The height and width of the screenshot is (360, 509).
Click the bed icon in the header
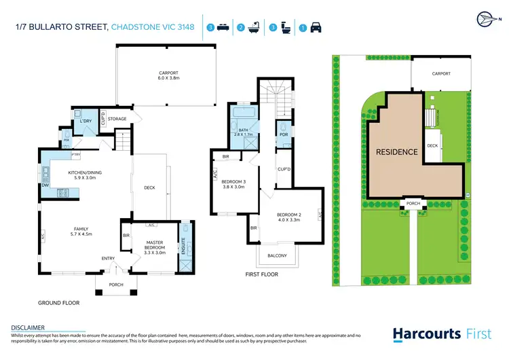(x=223, y=28)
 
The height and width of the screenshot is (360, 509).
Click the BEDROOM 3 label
(x=234, y=183)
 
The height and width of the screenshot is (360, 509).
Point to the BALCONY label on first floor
(x=276, y=255)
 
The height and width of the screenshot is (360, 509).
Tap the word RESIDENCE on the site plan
(x=397, y=152)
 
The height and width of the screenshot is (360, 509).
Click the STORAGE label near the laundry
(x=118, y=120)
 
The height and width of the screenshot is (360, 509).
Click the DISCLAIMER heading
(x=28, y=327)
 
